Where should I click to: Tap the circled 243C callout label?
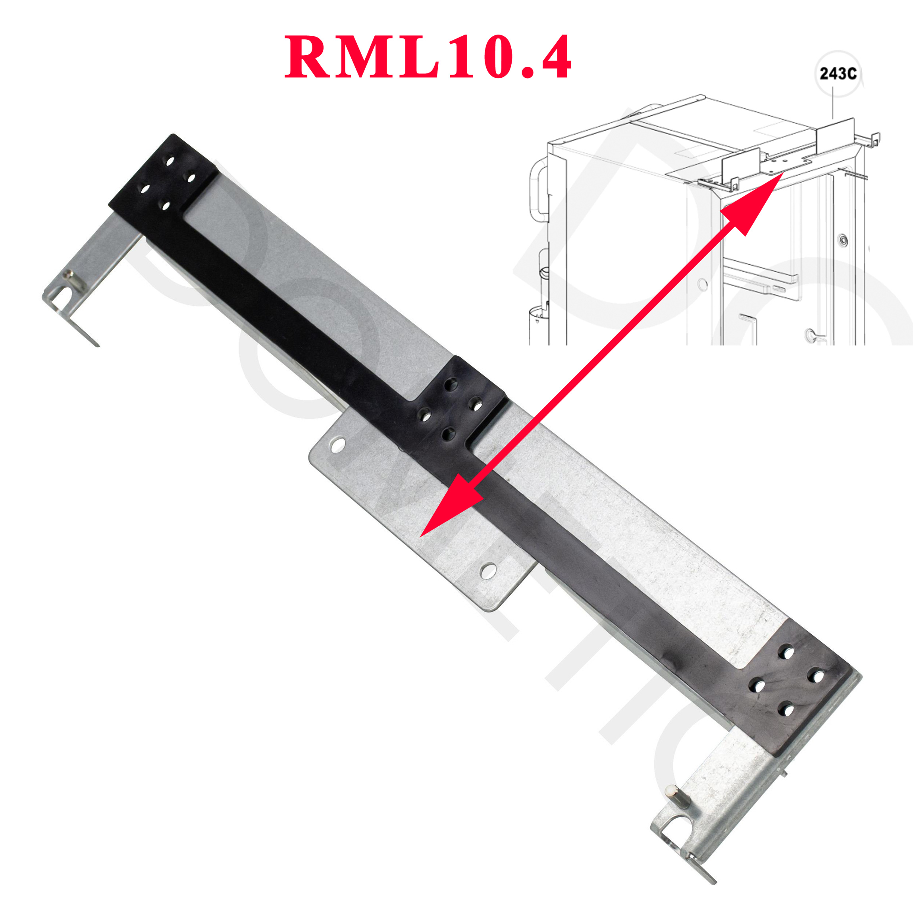click(x=838, y=74)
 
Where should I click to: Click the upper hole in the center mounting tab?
click(x=337, y=445)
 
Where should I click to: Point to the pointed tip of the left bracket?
click(x=97, y=345)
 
